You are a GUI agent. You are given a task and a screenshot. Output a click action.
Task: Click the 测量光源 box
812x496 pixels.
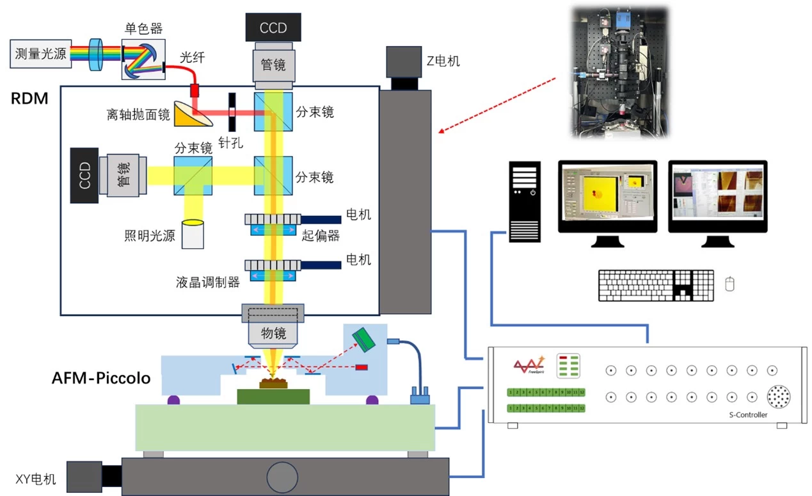(40, 54)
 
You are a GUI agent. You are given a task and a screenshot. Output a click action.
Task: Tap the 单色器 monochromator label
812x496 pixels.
(143, 29)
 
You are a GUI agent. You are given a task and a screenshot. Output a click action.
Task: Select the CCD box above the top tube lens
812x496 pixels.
(273, 28)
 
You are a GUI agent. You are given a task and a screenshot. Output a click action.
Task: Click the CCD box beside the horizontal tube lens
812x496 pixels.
(84, 176)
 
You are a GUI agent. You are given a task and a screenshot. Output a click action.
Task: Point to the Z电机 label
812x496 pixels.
(443, 62)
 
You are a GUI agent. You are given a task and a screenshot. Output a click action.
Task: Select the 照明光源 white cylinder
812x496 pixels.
(193, 235)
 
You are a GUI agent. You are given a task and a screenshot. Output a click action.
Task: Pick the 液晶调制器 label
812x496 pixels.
(208, 282)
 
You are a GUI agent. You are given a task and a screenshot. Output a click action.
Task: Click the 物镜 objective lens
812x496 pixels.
(273, 333)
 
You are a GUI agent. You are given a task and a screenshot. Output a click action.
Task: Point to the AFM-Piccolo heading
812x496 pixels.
(101, 378)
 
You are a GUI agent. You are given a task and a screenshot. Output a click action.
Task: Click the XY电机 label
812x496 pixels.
(36, 479)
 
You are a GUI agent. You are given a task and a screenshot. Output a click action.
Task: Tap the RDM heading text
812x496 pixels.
(29, 99)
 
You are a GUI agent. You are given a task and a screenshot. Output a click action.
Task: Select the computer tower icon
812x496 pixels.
(525, 201)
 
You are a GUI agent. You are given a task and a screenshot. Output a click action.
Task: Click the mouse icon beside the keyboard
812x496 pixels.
(729, 283)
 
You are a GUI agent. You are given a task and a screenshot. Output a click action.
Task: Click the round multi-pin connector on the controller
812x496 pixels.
(779, 396)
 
